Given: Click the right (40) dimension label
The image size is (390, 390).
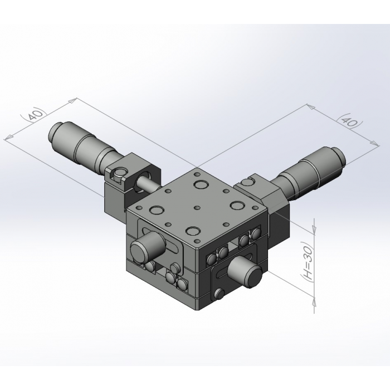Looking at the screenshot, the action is (x=349, y=121).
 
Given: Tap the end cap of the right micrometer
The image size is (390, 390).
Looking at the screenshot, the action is (x=339, y=156).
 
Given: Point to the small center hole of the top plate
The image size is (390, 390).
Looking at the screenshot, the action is (x=197, y=207).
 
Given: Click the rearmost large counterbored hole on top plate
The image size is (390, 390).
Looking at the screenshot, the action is (x=201, y=185).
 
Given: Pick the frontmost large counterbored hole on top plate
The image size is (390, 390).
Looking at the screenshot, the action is (x=193, y=231).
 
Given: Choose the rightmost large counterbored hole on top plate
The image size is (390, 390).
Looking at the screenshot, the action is (x=237, y=206).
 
